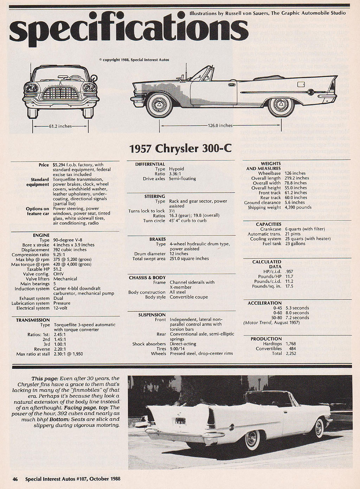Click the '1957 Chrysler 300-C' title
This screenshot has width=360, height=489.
click(180, 148)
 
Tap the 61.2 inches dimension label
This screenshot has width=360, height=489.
click(60, 126)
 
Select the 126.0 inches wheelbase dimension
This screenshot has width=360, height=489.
click(220, 125)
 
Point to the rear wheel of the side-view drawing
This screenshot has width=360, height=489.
click(281, 104)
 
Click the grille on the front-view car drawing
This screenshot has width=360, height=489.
click(60, 93)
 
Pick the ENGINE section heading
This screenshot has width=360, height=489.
click(41, 235)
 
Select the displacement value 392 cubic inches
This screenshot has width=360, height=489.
click(70, 250)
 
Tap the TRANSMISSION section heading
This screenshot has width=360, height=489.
click(33, 320)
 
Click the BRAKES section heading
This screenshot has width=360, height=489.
click(157, 239)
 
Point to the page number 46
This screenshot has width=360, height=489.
click(15, 479)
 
